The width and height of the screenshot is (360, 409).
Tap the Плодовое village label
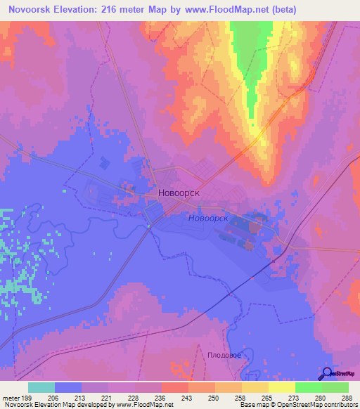coord(224,356)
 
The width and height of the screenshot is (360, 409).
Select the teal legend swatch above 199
coord(41,387)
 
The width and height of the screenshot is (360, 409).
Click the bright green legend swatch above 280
coord(308,387)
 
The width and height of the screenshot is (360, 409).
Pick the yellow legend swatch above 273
coord(281,387)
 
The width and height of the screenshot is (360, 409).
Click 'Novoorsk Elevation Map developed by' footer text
coord(53,405)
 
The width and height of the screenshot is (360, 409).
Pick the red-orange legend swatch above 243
coord(174,387)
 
